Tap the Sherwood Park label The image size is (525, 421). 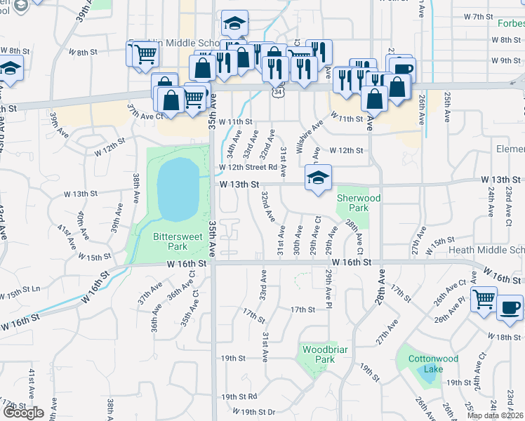[358, 203]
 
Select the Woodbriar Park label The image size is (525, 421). [319, 354]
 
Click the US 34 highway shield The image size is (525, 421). [279, 91]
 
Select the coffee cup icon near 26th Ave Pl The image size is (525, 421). [510, 307]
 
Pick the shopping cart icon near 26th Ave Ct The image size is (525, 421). [484, 299]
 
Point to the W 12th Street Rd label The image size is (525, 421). [248, 167]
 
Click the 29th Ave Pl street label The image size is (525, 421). [328, 288]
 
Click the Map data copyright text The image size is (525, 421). [496, 415]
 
